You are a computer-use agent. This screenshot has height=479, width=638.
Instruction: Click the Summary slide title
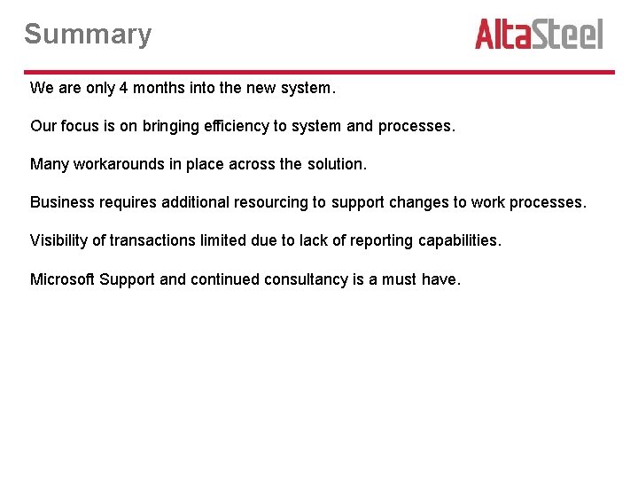88,35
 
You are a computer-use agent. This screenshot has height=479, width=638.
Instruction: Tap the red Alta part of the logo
506,35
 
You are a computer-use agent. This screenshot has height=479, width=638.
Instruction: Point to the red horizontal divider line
319,72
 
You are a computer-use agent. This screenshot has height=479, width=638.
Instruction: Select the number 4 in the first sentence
123,88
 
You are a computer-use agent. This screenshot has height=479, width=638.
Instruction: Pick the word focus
81,126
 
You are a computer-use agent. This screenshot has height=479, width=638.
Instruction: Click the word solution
336,164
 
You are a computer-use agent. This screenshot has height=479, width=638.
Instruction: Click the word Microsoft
62,279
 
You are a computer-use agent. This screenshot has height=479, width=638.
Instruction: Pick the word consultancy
305,279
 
